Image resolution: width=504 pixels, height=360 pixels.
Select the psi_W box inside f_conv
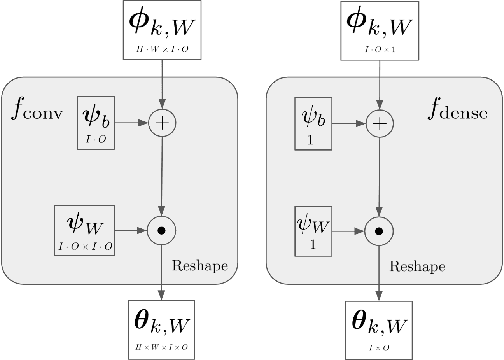(97, 228)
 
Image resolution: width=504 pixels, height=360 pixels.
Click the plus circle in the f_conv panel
(161, 124)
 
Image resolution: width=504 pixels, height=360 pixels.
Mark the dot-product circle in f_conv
(161, 229)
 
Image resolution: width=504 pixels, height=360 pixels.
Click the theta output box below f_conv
(161, 327)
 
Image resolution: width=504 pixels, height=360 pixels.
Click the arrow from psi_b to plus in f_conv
(133, 124)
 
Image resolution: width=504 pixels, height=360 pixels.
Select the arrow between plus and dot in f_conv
(161, 176)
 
